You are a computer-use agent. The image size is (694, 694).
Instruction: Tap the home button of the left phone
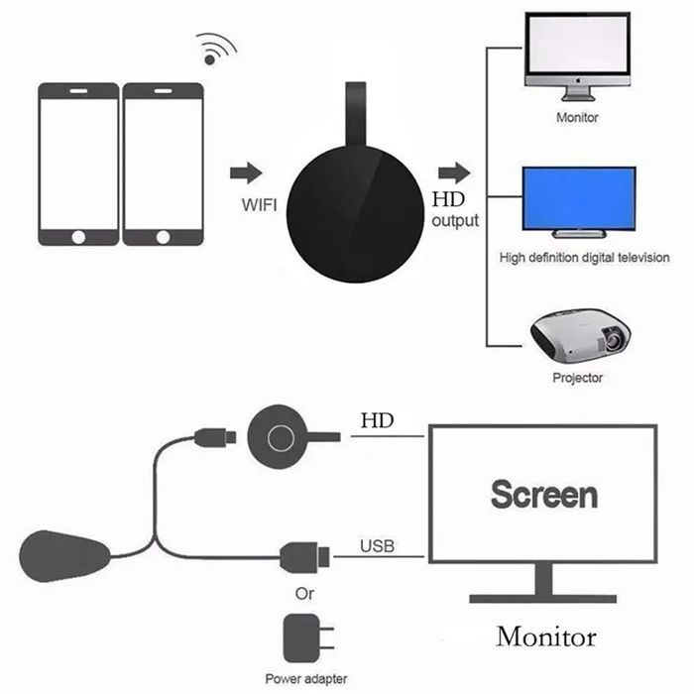(78, 236)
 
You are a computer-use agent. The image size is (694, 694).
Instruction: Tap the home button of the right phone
(164, 236)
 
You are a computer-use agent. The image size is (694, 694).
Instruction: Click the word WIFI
(259, 206)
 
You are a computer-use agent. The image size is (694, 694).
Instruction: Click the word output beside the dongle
(455, 220)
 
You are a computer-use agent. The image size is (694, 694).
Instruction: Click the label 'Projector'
(576, 378)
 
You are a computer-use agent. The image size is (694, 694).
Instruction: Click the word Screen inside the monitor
(543, 494)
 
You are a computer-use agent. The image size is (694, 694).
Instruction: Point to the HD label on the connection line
(377, 420)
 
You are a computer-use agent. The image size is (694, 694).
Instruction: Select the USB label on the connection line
(377, 544)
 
